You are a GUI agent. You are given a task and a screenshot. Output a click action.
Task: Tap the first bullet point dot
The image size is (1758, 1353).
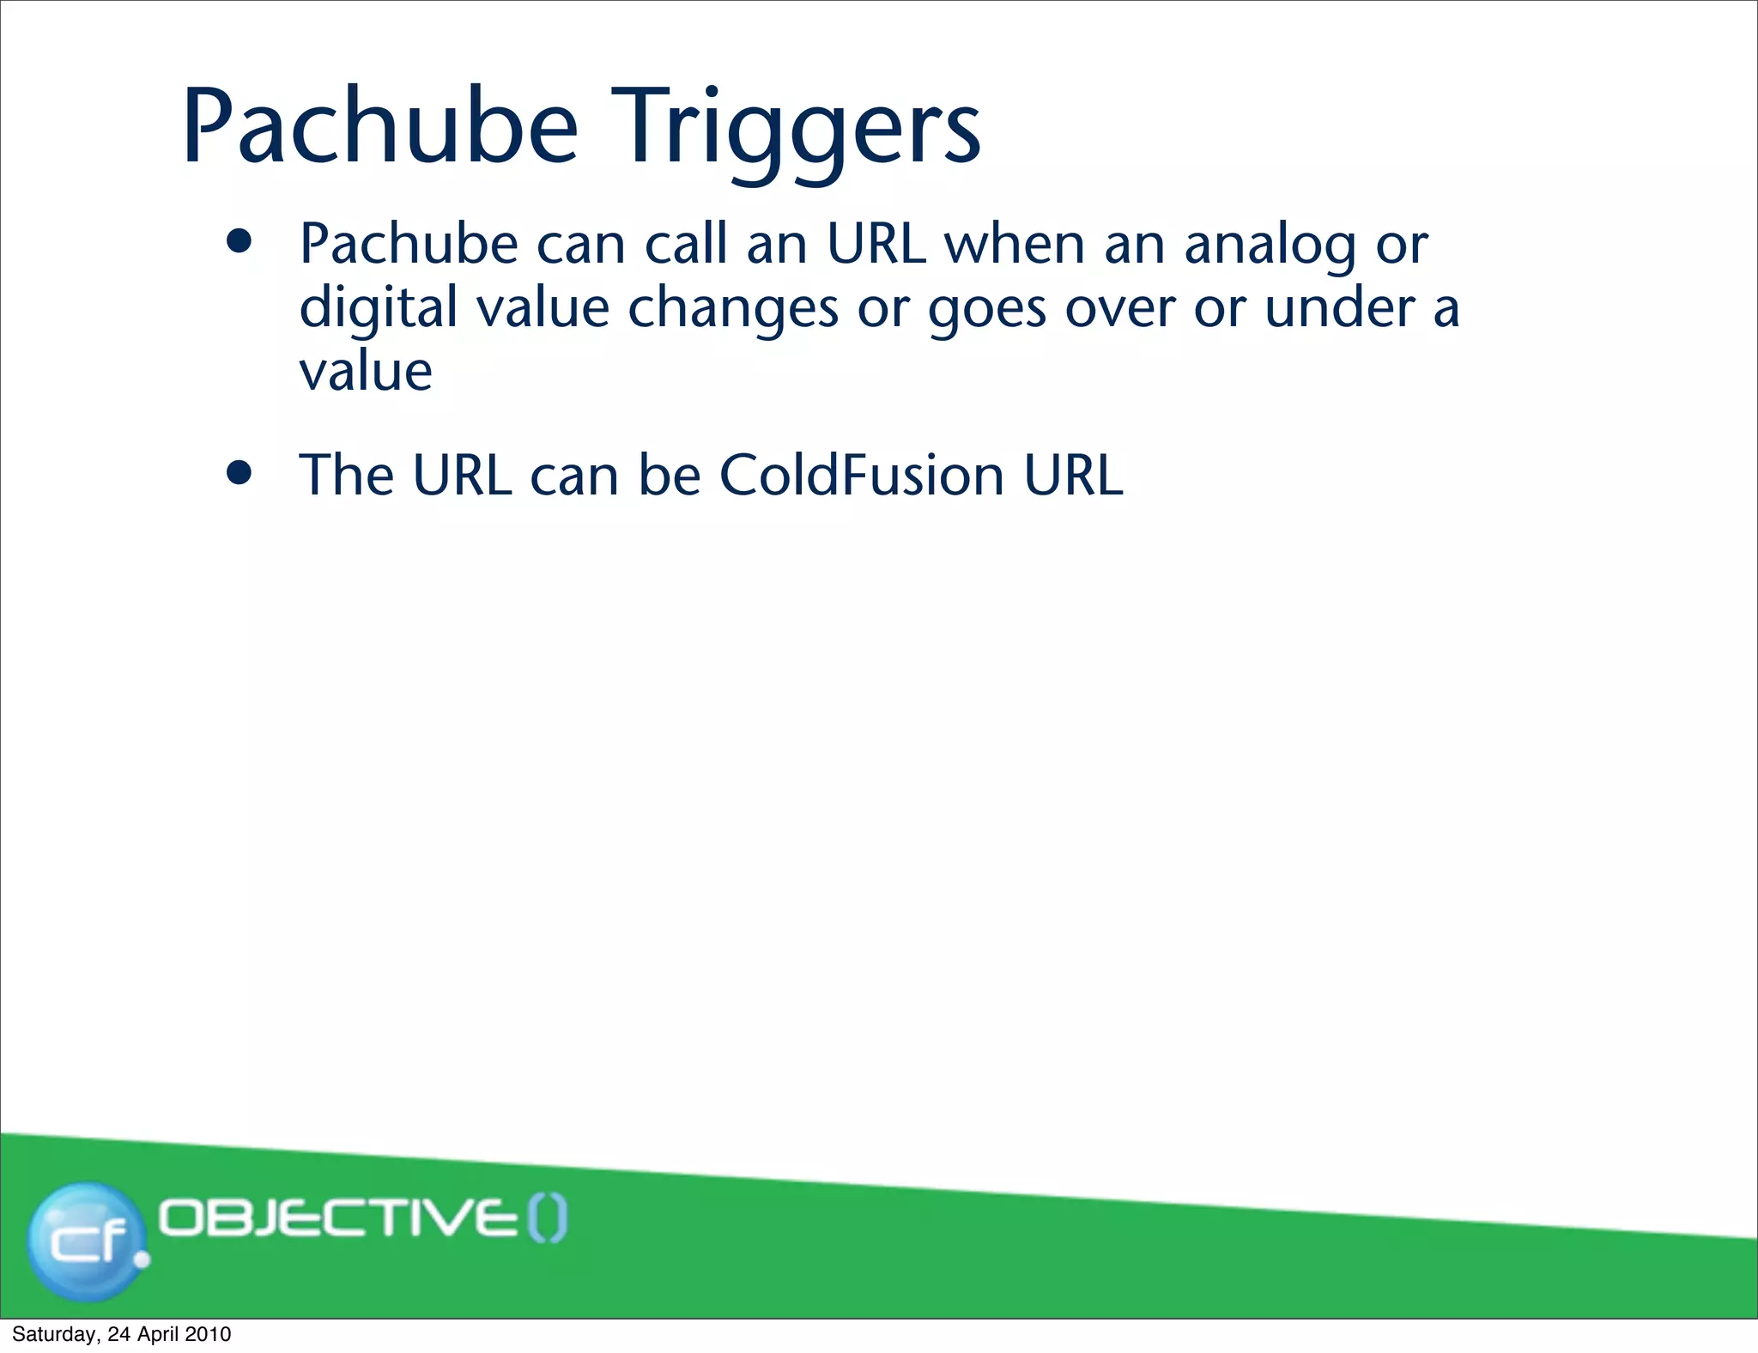239,241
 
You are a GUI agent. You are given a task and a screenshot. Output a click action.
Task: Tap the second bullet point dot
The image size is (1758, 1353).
239,472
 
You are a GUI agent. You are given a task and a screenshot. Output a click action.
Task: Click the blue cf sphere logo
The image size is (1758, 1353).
86,1241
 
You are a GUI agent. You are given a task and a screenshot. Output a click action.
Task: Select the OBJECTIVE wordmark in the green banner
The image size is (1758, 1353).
339,1218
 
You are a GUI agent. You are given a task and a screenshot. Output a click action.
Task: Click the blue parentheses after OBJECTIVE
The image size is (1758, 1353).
547,1219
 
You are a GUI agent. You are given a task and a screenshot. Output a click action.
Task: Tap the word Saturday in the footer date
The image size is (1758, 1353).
54,1334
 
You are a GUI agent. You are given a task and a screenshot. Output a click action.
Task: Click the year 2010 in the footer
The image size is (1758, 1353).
208,1334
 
